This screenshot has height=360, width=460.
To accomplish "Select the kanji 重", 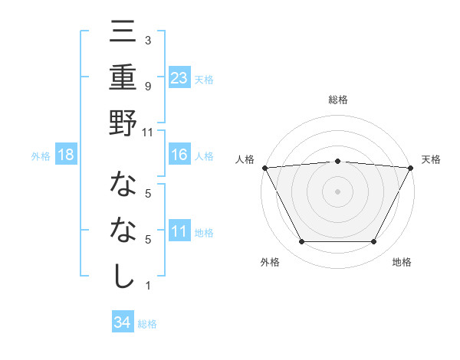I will (x=123, y=78).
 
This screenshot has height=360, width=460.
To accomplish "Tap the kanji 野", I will (x=123, y=123).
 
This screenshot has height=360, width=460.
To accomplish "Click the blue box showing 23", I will (x=179, y=77).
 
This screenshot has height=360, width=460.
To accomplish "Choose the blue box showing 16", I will (x=179, y=155).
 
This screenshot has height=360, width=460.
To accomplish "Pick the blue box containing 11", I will (x=179, y=231).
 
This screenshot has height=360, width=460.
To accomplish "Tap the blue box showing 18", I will (x=66, y=155).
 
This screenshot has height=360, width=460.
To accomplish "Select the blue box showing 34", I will (x=123, y=322).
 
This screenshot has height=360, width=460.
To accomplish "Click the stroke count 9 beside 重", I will (x=148, y=86).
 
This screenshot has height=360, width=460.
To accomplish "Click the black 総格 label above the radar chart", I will (x=337, y=100).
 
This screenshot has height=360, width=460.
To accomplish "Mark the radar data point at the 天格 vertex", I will (x=411, y=167).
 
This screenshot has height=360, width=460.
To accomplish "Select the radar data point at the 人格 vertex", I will (x=264, y=167).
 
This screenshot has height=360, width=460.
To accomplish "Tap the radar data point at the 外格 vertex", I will (x=301, y=241).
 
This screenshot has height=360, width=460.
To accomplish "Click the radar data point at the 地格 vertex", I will (x=374, y=241).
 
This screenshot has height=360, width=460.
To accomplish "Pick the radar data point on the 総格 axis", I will (x=337, y=161).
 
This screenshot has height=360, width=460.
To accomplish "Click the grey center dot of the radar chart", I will (x=337, y=191).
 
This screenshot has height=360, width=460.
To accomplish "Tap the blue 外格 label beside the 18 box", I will (x=41, y=156).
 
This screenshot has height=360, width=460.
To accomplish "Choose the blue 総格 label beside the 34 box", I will (x=147, y=323).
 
